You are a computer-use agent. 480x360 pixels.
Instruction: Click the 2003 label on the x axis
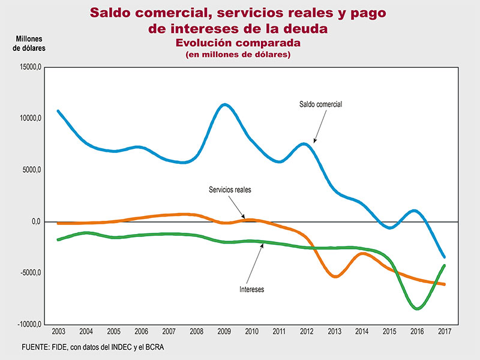click(59, 331)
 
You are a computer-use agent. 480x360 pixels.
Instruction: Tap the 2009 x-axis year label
click(224, 331)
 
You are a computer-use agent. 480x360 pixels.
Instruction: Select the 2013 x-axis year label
click(334, 331)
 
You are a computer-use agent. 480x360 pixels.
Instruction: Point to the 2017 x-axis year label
click(444, 331)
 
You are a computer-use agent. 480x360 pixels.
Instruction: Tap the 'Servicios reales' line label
click(230, 190)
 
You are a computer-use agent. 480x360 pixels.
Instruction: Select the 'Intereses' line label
click(251, 289)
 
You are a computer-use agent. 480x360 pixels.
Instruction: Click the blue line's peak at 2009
click(224, 105)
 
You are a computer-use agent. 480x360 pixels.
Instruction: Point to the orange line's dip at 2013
click(335, 277)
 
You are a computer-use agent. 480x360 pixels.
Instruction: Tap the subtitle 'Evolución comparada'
click(237, 43)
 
